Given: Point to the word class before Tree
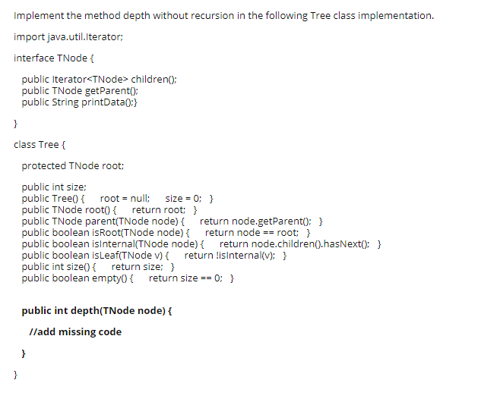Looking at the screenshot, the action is tap(24, 144).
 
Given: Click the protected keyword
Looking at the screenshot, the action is tap(43, 165).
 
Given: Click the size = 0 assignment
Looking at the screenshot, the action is tap(182, 198).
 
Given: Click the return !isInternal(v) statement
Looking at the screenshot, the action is tap(233, 255).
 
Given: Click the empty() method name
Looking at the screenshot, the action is tap(114, 278).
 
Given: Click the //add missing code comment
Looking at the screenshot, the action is tap(74, 331).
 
